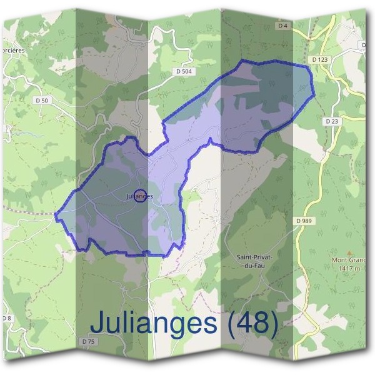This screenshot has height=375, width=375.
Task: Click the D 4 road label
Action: click(283, 26)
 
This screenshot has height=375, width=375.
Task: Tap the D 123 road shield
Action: click(319, 59)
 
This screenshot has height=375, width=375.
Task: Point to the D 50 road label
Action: click(42, 100)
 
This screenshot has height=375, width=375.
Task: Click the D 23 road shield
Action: click(331, 121)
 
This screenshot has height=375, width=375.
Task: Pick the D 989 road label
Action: click(304, 221)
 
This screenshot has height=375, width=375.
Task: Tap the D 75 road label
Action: click(88, 341)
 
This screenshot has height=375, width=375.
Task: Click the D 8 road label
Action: click(6, 318)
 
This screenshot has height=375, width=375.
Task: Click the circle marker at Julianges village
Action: click(140, 196)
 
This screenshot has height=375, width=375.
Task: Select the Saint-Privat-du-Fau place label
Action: click(252, 261)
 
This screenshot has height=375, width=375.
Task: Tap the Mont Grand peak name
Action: click(347, 260)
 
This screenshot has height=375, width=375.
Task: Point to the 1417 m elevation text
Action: click(347, 268)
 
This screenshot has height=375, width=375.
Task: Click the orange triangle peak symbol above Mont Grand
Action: click(348, 250)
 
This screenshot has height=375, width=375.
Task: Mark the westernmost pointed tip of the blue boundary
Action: click(55, 216)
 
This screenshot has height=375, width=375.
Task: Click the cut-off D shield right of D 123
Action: click(364, 45)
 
